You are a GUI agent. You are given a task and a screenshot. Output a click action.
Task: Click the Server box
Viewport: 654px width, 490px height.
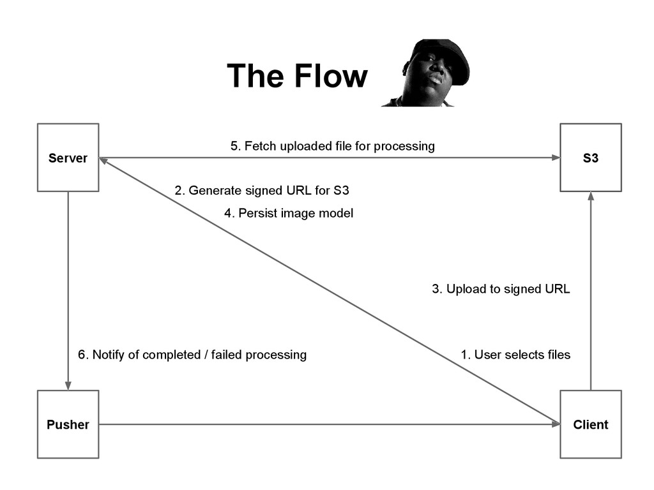tap(68, 158)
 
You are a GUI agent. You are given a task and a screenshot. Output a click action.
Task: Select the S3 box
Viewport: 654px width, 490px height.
tap(591, 158)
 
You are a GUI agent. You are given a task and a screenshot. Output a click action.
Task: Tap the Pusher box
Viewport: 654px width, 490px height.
tap(68, 424)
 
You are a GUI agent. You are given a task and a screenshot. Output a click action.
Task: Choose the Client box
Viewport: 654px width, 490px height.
tap(591, 424)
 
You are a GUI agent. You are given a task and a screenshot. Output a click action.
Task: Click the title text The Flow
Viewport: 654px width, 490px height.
tap(298, 76)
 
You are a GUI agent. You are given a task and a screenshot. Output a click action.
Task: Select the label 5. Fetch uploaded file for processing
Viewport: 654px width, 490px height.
tap(332, 146)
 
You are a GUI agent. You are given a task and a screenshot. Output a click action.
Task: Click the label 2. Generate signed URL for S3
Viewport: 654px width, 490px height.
tap(262, 190)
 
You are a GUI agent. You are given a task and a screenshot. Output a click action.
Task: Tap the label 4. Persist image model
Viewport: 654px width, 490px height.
tap(289, 213)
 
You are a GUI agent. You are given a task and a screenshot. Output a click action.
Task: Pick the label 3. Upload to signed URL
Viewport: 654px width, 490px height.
tap(501, 289)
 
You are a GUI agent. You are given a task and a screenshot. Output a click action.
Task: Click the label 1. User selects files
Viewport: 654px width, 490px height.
tap(515, 355)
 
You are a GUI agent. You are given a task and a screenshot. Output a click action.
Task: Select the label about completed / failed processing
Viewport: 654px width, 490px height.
tap(192, 355)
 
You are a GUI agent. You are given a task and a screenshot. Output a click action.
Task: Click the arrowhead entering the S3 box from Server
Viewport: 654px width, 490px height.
tap(556, 158)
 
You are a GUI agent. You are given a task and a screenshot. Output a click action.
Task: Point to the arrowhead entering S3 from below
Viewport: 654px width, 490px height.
tap(591, 197)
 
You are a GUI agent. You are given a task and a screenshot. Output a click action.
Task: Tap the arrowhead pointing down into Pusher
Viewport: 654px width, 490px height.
tap(68, 385)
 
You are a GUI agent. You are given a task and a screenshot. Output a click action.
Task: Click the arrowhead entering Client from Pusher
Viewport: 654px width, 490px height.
tap(556, 424)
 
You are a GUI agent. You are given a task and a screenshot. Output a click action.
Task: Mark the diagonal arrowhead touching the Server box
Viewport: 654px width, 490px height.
tap(104, 161)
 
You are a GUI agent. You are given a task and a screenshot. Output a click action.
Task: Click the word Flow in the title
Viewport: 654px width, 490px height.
tap(331, 76)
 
